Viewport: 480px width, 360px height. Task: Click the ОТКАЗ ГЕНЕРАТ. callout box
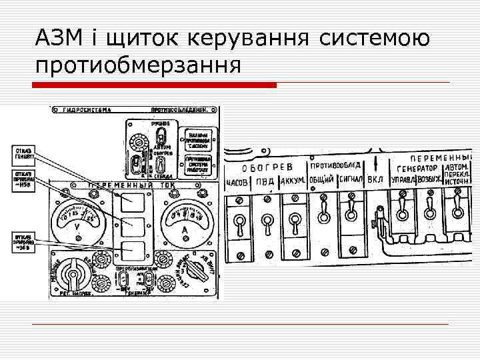tap(22, 155)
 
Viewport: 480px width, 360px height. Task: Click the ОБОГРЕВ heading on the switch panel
tap(267, 168)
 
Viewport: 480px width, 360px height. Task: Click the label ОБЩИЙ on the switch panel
tap(323, 180)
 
